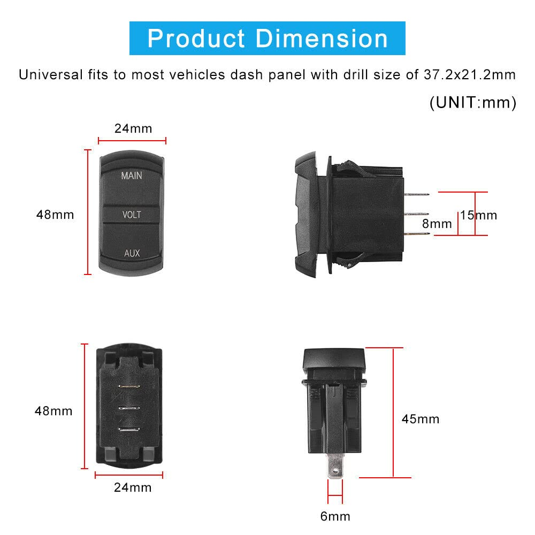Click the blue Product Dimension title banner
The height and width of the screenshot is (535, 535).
(x=267, y=39)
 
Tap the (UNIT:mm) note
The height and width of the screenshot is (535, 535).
(x=473, y=102)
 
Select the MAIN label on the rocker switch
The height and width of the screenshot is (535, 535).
(x=132, y=175)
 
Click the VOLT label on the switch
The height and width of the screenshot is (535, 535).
(x=132, y=215)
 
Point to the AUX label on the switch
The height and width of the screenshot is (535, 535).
(x=132, y=253)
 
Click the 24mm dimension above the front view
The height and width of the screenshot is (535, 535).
(x=133, y=128)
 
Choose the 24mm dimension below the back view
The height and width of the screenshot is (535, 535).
(x=133, y=487)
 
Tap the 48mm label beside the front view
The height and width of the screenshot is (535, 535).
(x=55, y=215)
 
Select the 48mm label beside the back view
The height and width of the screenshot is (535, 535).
(x=53, y=411)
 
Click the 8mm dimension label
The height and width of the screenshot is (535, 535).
(x=437, y=224)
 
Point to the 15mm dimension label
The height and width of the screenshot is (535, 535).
(x=479, y=215)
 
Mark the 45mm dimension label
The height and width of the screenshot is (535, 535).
(x=421, y=419)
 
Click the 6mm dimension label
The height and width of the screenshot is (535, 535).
(x=335, y=516)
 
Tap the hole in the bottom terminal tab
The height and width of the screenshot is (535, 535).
(x=335, y=471)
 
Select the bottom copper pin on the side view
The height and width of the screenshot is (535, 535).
(x=417, y=234)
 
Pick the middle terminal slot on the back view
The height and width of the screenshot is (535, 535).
(x=128, y=408)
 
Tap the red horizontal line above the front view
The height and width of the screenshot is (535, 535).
(x=132, y=141)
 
